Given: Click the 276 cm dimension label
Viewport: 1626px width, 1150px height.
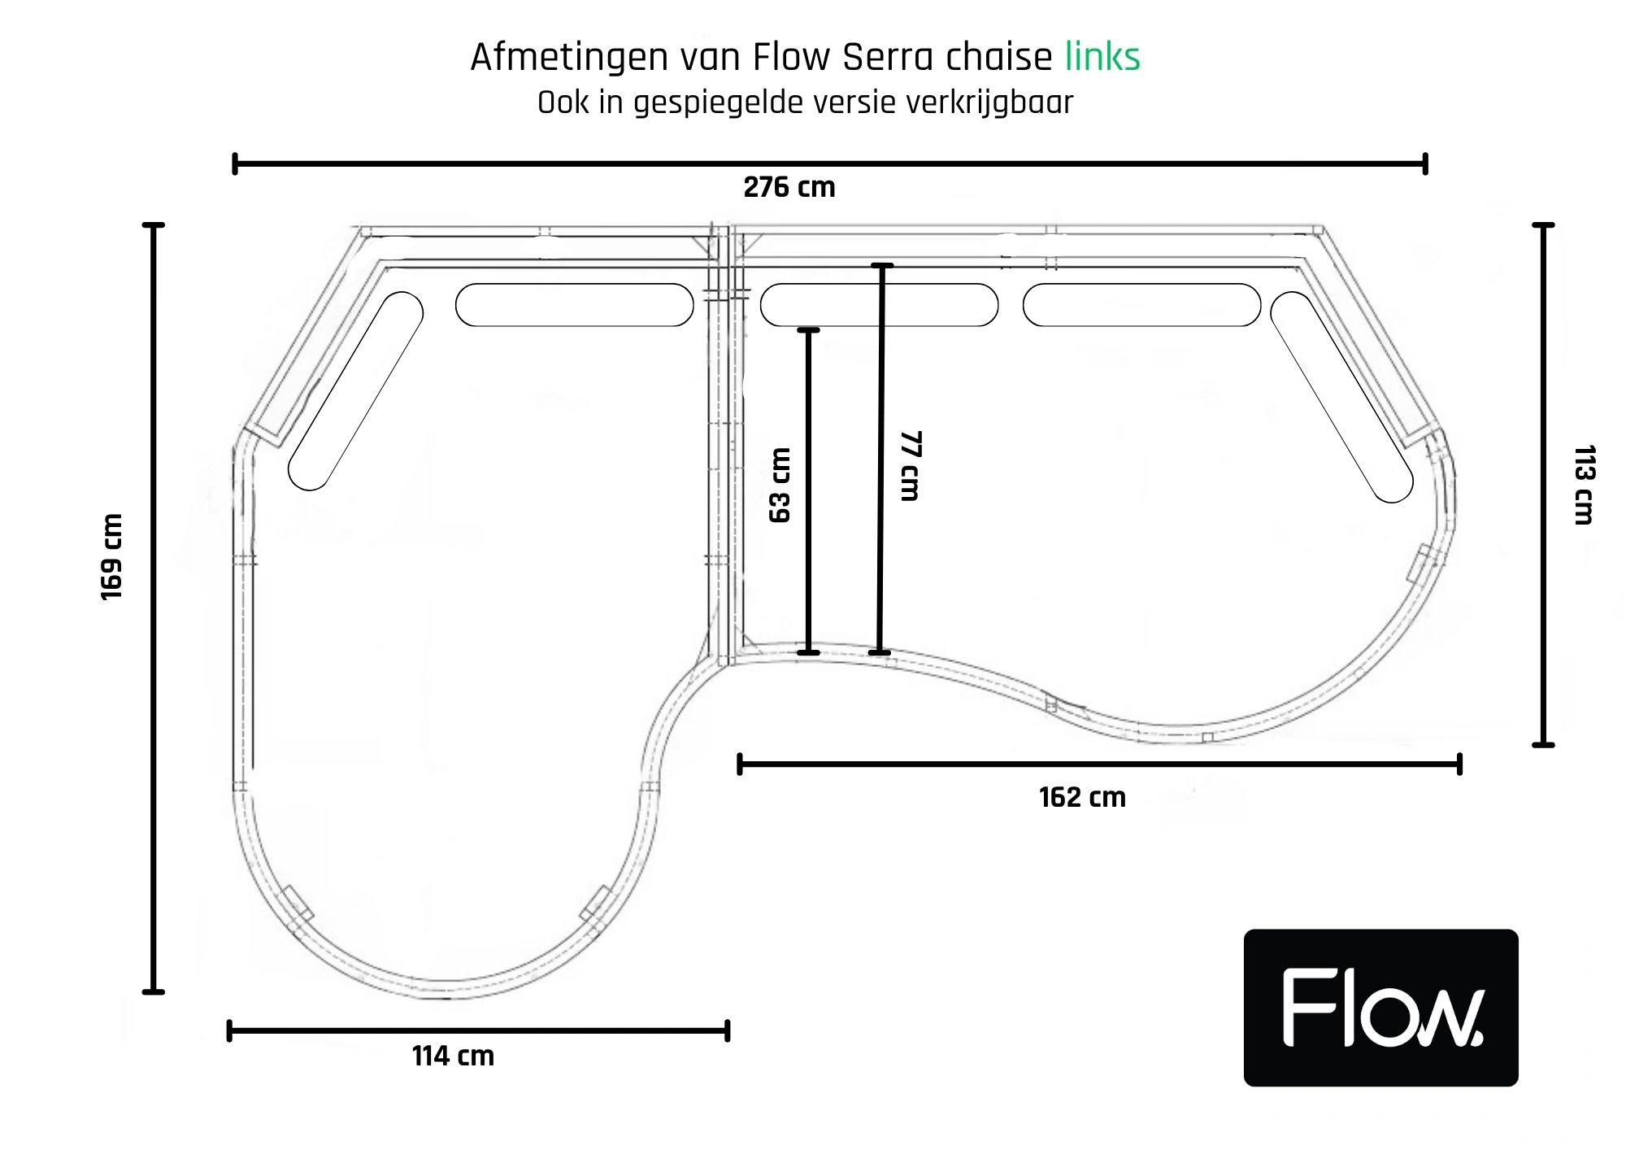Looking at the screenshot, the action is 789,187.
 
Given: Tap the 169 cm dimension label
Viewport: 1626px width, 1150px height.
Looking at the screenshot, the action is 111,557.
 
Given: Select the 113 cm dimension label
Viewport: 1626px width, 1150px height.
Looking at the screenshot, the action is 1585,485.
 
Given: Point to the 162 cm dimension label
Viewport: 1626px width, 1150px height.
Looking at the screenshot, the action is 1082,797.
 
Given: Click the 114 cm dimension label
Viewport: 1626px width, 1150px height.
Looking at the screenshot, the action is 453,1056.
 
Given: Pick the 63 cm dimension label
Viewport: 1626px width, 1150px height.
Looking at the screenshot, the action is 779,486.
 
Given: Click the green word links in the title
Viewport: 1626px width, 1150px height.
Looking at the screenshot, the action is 1102,57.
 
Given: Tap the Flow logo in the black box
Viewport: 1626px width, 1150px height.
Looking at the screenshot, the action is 1381,1008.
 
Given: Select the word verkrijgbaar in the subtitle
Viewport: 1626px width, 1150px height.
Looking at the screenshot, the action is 989,103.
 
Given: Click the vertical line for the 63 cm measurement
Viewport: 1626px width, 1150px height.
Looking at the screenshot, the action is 808,491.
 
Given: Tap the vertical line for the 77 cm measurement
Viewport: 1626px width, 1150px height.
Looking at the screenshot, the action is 880,459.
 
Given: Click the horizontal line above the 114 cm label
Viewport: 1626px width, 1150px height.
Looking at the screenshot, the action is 478,1031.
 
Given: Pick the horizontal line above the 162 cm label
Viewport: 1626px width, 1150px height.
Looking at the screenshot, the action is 1100,764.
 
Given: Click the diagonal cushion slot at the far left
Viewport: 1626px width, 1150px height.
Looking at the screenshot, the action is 356,390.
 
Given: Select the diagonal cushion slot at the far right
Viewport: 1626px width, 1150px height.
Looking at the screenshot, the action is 1341,397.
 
